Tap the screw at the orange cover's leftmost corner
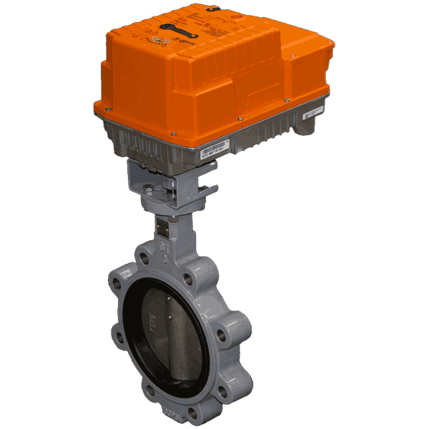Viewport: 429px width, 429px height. pyautogui.click(x=106, y=110)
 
